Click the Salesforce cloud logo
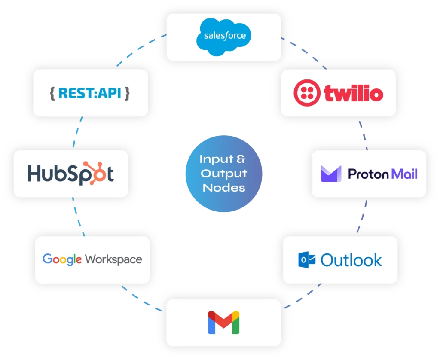coord(223,36)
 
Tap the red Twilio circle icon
coord(307,93)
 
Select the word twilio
coord(353,93)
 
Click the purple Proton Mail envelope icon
coord(331,174)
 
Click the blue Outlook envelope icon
coord(307,259)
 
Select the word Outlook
coord(351,260)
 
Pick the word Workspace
coord(113,259)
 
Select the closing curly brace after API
coord(127,93)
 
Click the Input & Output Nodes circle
coord(223,174)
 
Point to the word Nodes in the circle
coord(223,188)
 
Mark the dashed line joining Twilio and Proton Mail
coord(364,133)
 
